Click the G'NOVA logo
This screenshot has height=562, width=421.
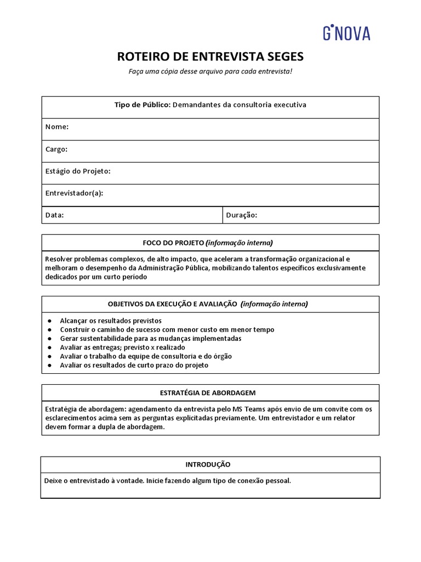[346, 33]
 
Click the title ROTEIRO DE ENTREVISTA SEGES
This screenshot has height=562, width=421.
[210, 57]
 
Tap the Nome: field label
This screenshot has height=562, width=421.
[57, 127]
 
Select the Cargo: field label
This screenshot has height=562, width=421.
[56, 149]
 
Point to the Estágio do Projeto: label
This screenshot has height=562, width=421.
[78, 171]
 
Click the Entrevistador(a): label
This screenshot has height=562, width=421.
[75, 193]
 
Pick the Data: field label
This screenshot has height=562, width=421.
[55, 215]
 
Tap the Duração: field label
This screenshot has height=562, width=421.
[241, 215]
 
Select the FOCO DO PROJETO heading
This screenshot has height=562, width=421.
[174, 243]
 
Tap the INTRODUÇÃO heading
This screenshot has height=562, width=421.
[208, 464]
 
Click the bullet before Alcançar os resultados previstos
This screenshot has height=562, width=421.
[49, 321]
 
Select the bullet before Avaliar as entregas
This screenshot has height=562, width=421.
[49, 347]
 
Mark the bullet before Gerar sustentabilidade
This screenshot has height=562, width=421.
[49, 339]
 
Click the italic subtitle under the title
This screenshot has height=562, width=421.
[210, 72]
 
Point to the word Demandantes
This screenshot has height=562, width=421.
[196, 105]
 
